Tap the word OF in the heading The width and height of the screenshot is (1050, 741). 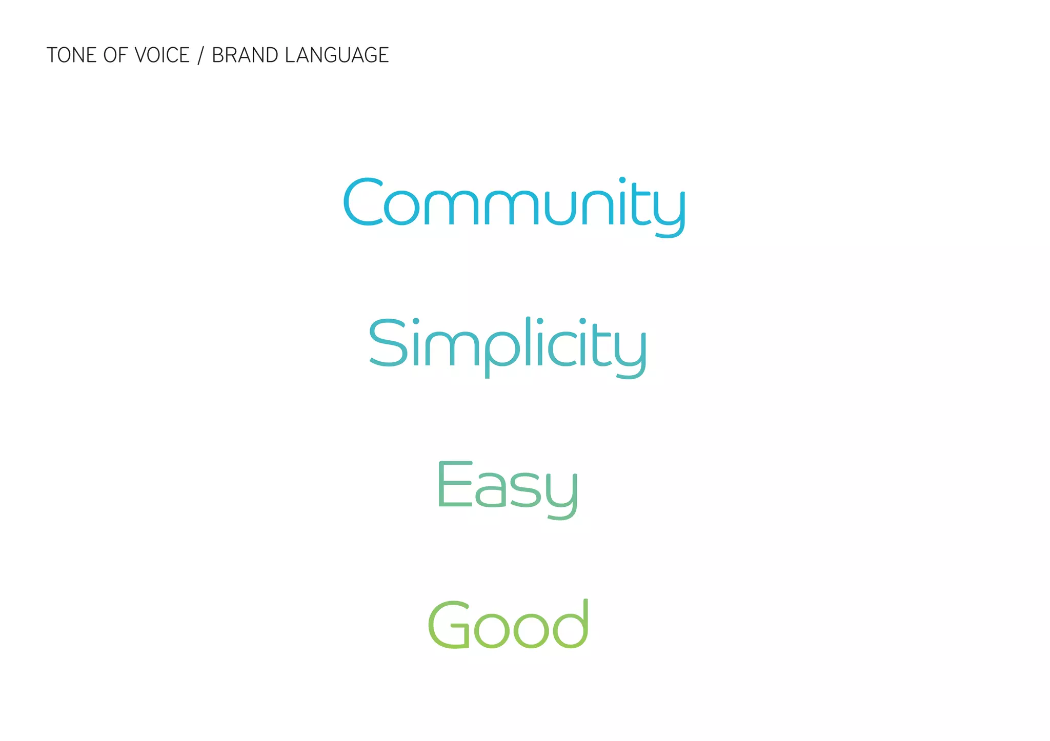115,55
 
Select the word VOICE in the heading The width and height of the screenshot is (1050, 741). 162,55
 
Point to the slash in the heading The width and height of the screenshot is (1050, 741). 200,55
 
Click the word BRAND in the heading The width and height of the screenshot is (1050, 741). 245,55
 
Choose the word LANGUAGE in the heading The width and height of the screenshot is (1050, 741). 337,55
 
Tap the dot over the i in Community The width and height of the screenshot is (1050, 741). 622,180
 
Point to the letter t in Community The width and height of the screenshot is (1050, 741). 641,205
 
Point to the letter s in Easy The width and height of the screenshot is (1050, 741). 524,490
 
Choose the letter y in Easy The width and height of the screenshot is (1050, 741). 562,495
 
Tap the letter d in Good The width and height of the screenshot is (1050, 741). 571,624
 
